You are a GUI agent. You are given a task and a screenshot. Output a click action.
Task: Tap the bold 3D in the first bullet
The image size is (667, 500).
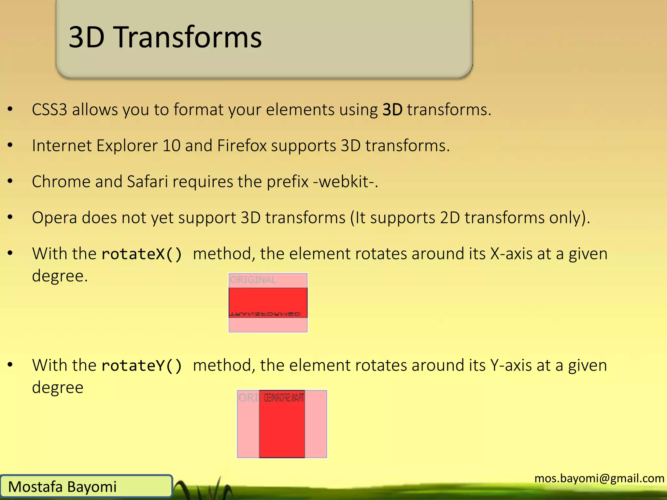392,110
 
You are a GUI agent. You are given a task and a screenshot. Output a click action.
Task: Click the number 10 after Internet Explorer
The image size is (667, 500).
171,146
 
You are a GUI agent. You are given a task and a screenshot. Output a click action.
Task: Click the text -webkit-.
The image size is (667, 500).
345,182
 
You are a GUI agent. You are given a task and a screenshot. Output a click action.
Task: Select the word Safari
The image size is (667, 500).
147,182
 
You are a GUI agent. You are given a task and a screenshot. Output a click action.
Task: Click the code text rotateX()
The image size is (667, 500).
142,254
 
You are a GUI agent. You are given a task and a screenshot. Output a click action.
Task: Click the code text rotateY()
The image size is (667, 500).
142,366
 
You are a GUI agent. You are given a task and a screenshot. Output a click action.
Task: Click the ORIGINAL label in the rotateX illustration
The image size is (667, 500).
253,280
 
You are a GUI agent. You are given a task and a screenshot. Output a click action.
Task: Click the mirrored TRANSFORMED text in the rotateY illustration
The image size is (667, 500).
284,398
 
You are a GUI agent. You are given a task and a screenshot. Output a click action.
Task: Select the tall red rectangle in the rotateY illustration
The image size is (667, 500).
282,430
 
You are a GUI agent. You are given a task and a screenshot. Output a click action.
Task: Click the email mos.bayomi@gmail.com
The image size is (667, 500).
599,478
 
